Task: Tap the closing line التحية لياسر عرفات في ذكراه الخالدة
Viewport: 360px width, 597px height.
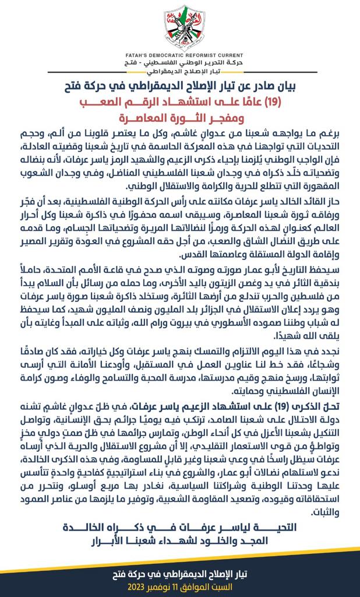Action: coord(179,526)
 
